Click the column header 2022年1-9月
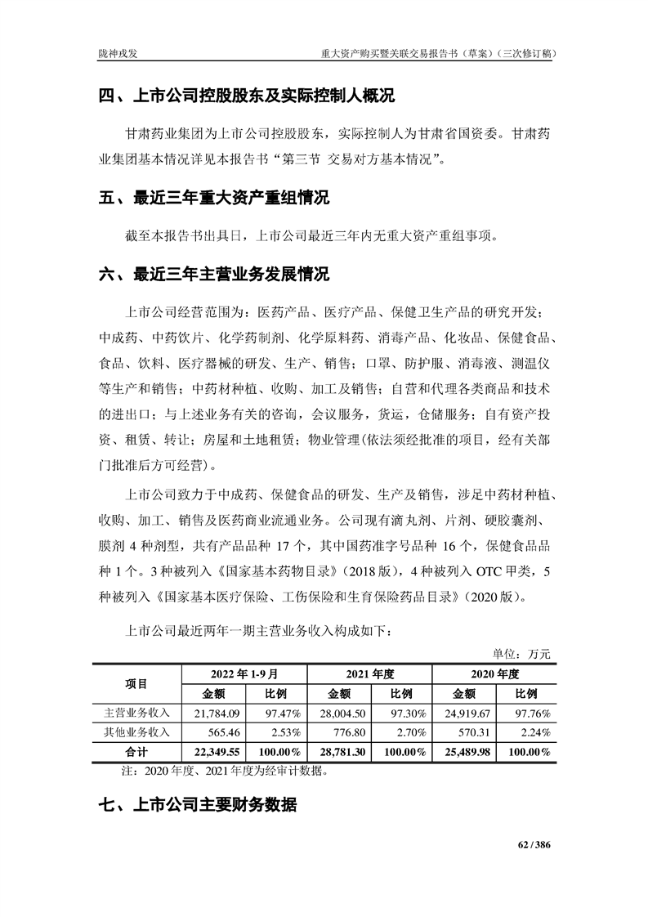[244, 674]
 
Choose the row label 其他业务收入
[136, 732]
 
